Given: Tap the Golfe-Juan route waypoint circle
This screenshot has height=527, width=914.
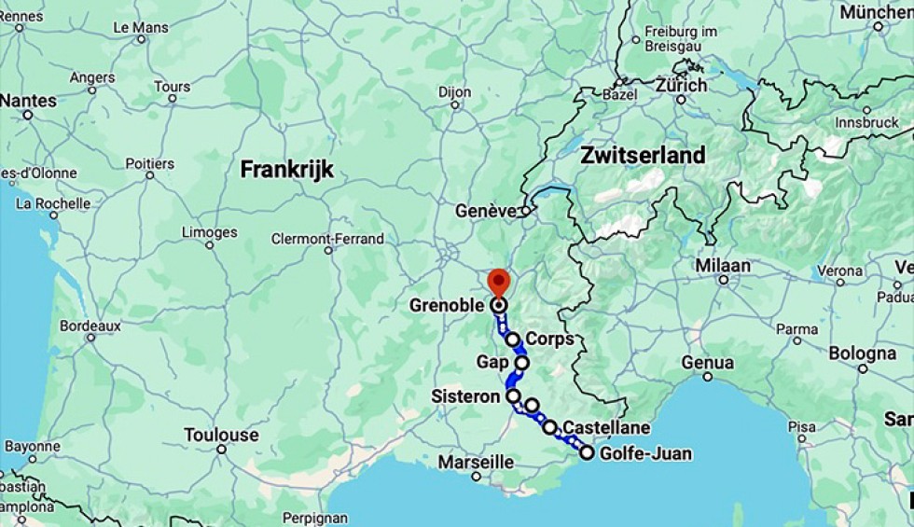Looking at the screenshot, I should coord(587,452).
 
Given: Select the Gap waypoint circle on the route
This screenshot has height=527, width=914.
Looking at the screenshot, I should coord(521,363).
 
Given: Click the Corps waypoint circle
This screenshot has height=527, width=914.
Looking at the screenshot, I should coord(512,340).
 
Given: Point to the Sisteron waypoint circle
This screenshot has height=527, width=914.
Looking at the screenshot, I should coord(513,396).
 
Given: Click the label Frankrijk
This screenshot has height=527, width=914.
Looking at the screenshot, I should coord(286,169).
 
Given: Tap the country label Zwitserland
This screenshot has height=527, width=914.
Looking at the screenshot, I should coord(643,155).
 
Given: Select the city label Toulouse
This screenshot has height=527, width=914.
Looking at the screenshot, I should coord(221,435).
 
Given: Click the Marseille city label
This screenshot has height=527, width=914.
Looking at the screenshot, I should coord(476,462).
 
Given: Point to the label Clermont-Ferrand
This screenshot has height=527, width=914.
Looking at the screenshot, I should coord(327,239).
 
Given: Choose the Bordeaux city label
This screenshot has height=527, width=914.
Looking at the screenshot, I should coord(90,326).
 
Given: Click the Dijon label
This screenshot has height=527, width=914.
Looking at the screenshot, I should coord(455,92).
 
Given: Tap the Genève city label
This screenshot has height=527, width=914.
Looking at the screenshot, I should coord(485,212).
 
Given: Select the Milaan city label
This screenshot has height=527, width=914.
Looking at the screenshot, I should coord(722,266).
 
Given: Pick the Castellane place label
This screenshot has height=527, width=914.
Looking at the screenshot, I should coord(606,427).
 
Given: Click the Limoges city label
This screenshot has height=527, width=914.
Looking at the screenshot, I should coord(210,232).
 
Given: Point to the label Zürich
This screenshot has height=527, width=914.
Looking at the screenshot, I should coord(682,85).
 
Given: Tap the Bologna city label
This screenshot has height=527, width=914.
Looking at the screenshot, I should coord(862,354).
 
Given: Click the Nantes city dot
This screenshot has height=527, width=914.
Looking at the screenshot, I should coord(28,115).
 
